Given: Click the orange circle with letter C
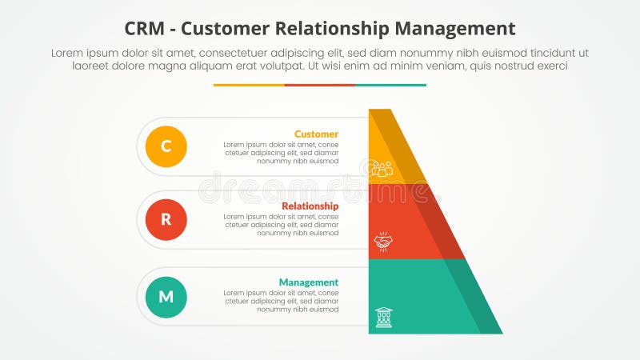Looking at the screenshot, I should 166,146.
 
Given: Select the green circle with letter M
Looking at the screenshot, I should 166,297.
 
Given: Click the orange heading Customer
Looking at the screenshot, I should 316,134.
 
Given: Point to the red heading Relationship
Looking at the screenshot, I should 310,206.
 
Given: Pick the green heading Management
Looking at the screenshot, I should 308,282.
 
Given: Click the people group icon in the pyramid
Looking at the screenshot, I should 382,168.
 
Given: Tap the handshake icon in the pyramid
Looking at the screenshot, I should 382,241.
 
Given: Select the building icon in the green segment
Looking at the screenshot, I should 383,318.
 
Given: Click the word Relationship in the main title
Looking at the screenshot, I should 338,29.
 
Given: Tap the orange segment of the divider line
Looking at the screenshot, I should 249,85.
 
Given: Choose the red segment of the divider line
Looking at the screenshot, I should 320,85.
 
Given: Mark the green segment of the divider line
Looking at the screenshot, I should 390,85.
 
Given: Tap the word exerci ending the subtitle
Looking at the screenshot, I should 550,66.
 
